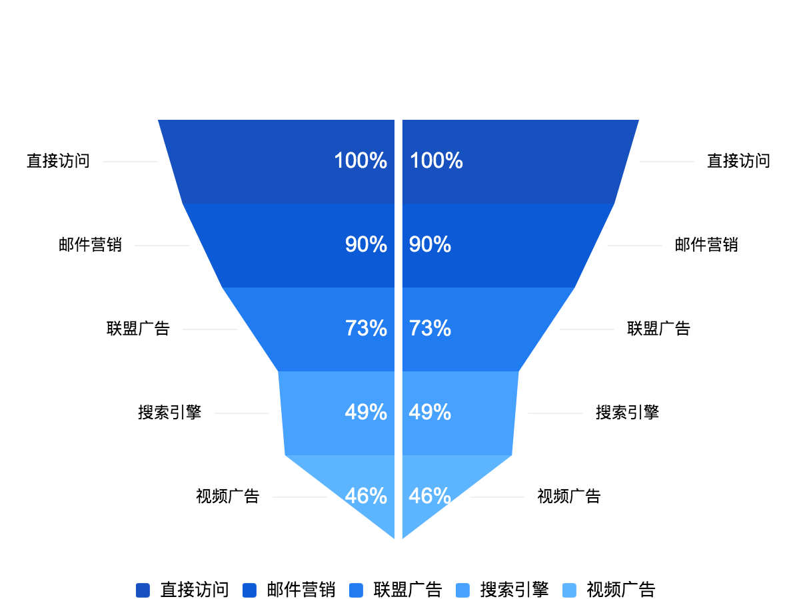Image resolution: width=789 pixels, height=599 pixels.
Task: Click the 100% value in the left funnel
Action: click(x=361, y=161)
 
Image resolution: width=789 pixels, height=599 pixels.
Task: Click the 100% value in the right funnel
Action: click(x=436, y=161)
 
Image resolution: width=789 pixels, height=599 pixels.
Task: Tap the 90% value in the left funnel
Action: click(x=366, y=245)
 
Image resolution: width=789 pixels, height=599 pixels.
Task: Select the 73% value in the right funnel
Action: click(x=430, y=329)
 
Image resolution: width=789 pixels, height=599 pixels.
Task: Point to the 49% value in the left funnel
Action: click(x=366, y=413)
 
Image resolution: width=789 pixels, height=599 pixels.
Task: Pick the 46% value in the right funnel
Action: click(x=430, y=497)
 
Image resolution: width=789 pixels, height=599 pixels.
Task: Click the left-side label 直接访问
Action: click(x=59, y=161)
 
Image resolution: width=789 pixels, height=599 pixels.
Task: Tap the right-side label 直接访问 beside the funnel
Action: click(x=738, y=161)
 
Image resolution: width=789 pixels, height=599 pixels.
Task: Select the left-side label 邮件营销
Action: click(x=91, y=245)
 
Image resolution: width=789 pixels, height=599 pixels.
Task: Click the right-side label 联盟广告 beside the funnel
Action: click(x=658, y=329)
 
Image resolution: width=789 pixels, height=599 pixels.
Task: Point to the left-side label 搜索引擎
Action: click(x=169, y=413)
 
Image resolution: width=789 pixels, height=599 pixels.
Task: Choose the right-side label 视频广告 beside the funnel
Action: click(x=569, y=497)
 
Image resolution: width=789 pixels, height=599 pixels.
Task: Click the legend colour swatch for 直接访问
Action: click(x=143, y=590)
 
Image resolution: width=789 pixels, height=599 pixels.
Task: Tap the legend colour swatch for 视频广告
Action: click(x=569, y=590)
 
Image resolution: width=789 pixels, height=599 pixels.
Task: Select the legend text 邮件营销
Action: click(x=301, y=590)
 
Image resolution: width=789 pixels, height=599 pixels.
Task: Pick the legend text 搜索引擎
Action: click(x=514, y=590)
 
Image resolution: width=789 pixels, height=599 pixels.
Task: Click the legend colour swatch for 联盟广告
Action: click(x=357, y=590)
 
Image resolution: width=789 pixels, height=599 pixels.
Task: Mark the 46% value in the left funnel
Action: click(x=366, y=497)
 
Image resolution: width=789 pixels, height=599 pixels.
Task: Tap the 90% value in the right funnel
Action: click(x=430, y=245)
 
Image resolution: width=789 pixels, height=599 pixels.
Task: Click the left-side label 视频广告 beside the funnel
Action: click(x=227, y=497)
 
